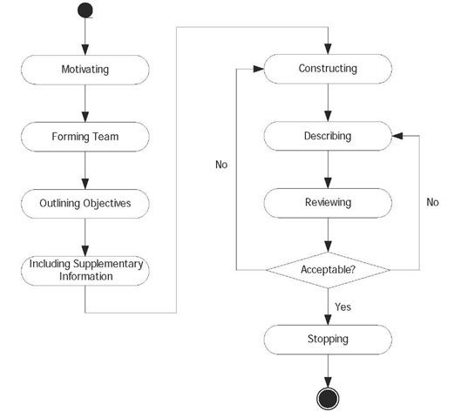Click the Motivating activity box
tap(85, 70)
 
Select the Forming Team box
tap(85, 137)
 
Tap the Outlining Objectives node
tap(85, 203)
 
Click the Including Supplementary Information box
tap(85, 270)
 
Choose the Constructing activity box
tap(327, 69)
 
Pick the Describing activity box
tap(327, 136)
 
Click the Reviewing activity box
tap(327, 202)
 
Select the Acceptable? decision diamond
tap(327, 269)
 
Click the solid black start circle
tap(85, 11)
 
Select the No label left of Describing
tap(221, 163)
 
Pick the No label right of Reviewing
tap(432, 202)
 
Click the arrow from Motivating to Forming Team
tap(85, 103)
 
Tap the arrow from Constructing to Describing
tap(327, 102)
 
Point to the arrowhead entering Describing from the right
tap(397, 136)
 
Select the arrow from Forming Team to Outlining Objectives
tap(85, 170)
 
